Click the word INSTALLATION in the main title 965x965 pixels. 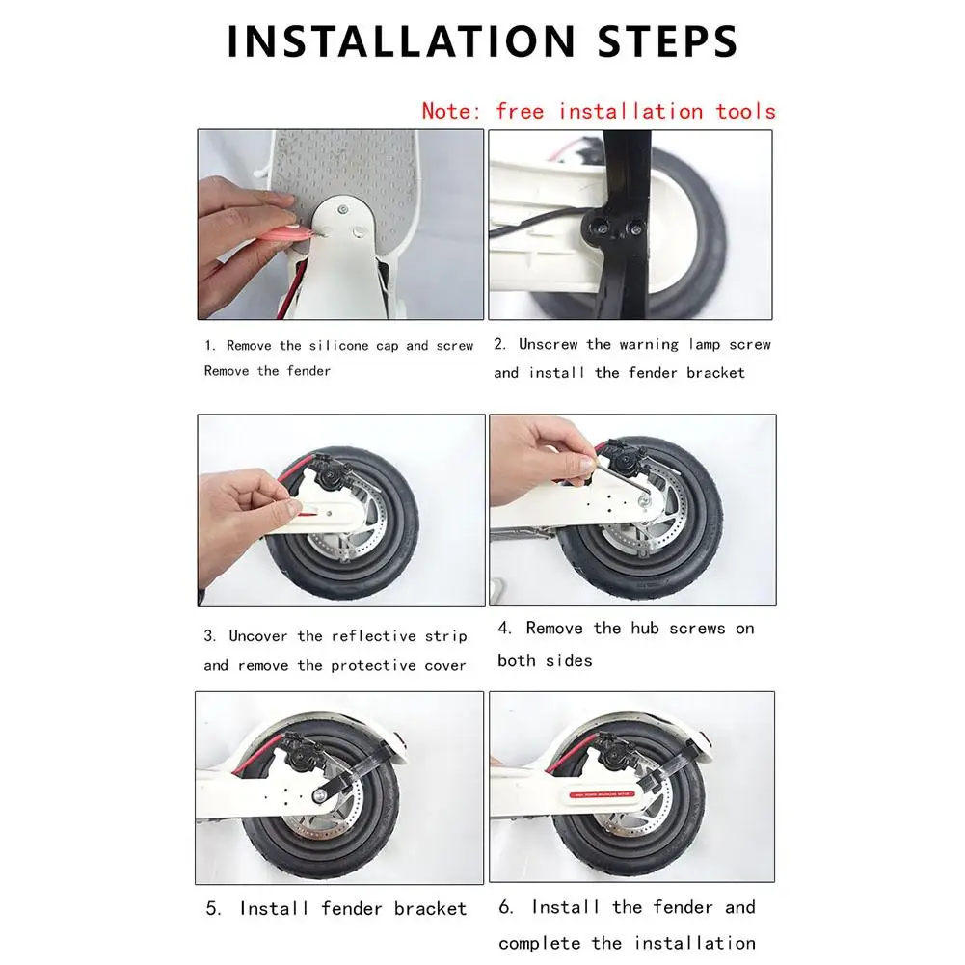pos(401,41)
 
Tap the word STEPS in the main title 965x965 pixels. pos(667,41)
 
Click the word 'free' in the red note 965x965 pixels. pos(520,112)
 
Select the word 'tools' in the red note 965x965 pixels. pos(745,112)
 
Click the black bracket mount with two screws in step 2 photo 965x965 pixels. pos(613,228)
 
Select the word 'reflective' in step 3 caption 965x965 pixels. pos(374,636)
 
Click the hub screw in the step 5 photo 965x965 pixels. pos(320,797)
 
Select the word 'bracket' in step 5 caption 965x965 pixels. pos(430,909)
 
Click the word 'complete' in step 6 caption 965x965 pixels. pos(540,944)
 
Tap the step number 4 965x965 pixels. pos(504,629)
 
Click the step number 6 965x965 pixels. pos(505,907)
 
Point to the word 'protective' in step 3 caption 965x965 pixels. pos(374,666)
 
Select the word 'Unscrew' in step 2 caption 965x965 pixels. pos(549,345)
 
